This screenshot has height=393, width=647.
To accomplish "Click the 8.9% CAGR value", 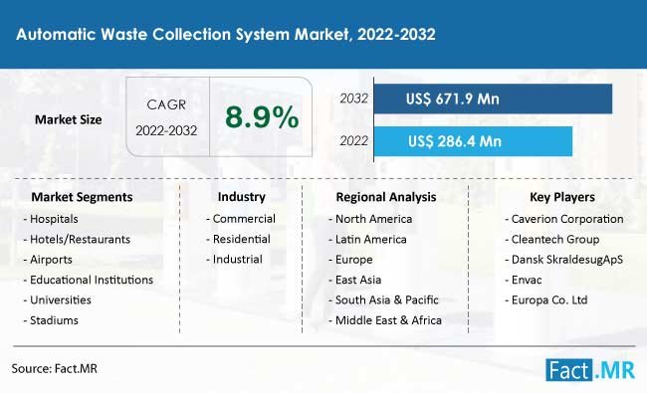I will (x=262, y=118).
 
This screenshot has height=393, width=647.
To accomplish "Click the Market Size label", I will (x=67, y=119).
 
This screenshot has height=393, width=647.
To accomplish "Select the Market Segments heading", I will (x=82, y=197).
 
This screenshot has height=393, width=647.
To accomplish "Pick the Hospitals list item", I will (x=50, y=218).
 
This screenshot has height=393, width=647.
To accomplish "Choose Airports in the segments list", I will (x=46, y=259).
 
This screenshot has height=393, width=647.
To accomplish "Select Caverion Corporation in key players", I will (x=564, y=218).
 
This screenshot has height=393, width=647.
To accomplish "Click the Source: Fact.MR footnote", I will (x=53, y=368).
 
